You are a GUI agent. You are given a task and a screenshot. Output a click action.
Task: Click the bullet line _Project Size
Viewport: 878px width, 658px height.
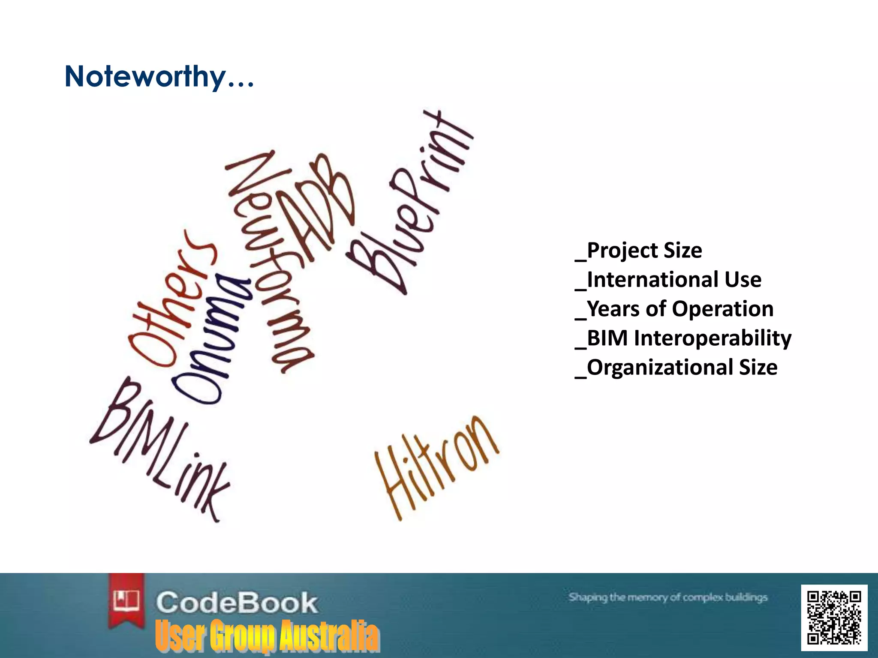point(639,251)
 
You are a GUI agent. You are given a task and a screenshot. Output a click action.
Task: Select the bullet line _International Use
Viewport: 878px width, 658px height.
point(668,280)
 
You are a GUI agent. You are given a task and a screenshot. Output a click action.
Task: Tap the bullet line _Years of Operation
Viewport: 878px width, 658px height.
point(674,309)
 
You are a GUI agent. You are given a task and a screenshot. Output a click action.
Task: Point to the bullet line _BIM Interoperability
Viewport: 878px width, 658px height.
point(683,338)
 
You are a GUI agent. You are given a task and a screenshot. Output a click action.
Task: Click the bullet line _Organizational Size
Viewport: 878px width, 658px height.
point(677,368)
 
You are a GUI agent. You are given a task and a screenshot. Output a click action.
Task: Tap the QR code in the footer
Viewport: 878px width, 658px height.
point(834,617)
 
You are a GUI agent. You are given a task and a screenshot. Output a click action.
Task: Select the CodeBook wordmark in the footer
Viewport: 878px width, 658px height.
point(237,603)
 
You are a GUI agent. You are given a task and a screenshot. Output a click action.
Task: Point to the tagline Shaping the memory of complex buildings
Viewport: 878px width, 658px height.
point(668,597)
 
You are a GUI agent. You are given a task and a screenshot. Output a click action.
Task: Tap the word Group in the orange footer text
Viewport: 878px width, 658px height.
point(242,636)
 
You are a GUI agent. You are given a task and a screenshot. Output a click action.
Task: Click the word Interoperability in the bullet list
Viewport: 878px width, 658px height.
point(713,338)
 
